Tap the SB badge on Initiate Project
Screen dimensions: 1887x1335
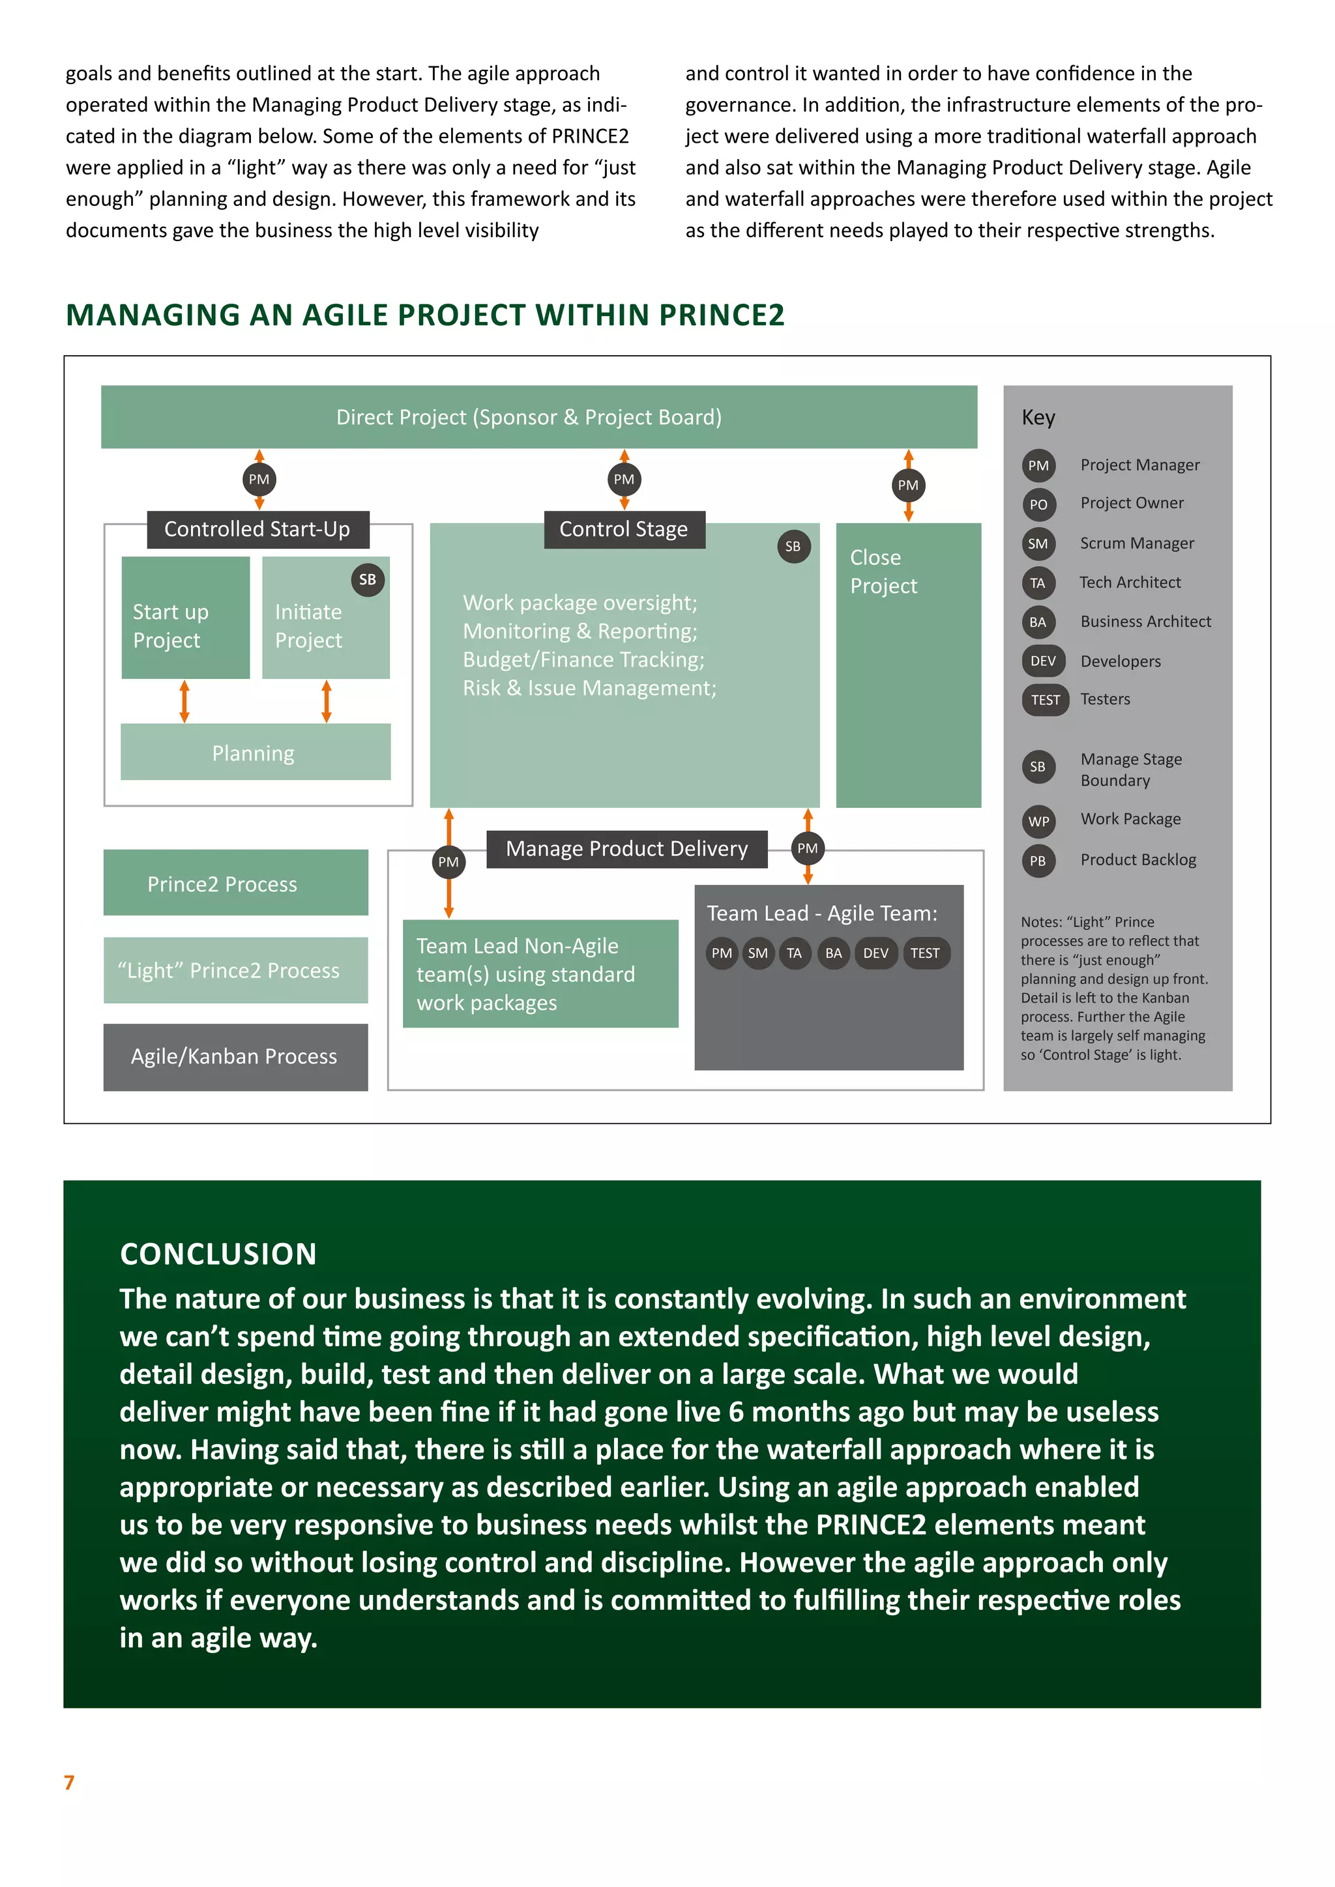click(368, 579)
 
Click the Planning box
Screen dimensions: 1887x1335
click(255, 752)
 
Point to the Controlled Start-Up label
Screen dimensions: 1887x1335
click(257, 529)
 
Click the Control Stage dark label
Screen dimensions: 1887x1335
click(624, 529)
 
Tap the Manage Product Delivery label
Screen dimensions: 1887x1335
click(626, 849)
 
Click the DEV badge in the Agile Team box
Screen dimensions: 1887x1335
click(875, 953)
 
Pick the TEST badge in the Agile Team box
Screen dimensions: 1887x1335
click(925, 953)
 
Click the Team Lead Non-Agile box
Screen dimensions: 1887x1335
click(540, 974)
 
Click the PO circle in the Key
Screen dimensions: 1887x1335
click(1038, 504)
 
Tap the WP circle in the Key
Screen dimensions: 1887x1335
click(1038, 820)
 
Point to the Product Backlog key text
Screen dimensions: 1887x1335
click(1137, 859)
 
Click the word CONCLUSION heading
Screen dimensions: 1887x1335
click(218, 1254)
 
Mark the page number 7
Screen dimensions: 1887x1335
click(69, 1782)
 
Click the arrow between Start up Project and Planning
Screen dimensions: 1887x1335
click(184, 701)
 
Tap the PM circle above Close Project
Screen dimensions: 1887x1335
click(908, 485)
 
